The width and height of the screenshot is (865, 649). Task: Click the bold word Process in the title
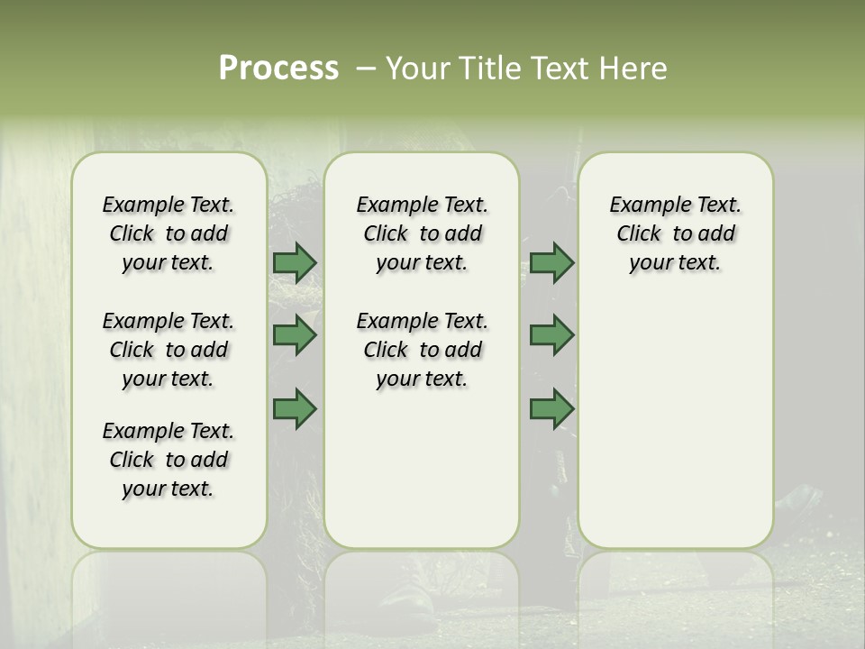tap(278, 69)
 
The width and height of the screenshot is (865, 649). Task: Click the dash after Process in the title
tap(366, 69)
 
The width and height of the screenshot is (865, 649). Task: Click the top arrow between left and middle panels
tap(295, 263)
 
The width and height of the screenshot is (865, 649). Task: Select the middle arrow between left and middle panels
tap(295, 335)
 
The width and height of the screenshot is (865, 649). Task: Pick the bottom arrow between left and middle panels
tap(295, 409)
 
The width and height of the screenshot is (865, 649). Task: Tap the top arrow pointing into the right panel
tap(551, 263)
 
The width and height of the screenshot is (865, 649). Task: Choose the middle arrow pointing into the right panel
tap(551, 335)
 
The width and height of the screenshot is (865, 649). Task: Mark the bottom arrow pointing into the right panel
tap(551, 409)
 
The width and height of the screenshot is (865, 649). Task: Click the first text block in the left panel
tap(168, 233)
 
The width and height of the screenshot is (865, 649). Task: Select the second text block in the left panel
tap(168, 350)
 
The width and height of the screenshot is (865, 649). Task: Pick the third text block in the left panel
tap(168, 460)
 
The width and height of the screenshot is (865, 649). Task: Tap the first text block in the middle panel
tap(422, 233)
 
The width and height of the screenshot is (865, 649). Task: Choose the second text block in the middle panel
tap(422, 350)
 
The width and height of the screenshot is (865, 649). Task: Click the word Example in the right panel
tap(643, 205)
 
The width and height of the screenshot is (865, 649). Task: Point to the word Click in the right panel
tap(639, 234)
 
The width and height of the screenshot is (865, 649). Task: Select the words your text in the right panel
tap(675, 263)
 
